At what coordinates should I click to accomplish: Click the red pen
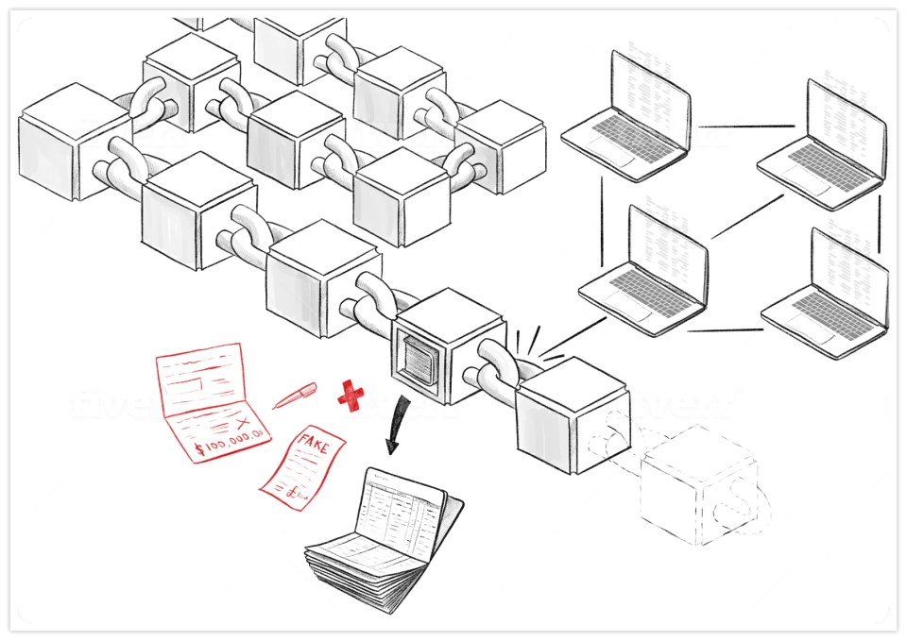(294, 396)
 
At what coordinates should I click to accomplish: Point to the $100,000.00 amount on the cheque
(232, 438)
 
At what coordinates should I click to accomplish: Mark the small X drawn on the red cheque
(247, 419)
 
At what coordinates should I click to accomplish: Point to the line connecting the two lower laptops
(724, 330)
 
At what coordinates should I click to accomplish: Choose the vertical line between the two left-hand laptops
(602, 221)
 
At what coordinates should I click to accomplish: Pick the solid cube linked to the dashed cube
(573, 415)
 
